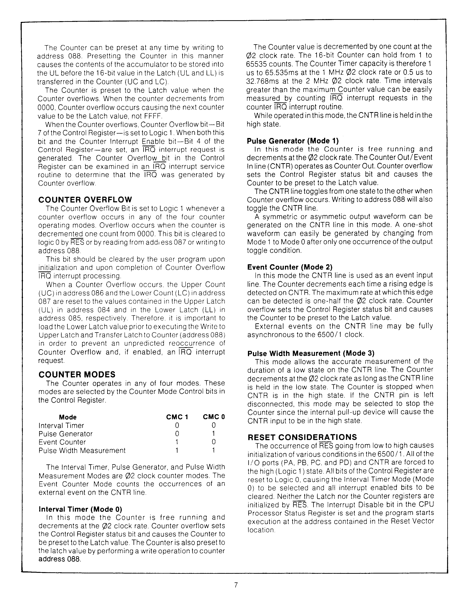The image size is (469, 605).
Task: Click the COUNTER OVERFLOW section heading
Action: [85, 199]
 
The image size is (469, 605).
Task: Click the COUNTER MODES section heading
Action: [77, 375]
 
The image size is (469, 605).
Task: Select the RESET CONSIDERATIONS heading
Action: [302, 437]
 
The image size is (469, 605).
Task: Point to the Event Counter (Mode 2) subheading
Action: [290, 267]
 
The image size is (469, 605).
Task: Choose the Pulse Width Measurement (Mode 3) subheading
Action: [311, 353]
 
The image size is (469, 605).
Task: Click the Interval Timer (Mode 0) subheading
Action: [80, 509]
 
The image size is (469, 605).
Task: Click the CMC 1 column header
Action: [177, 417]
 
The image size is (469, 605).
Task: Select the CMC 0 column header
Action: [214, 417]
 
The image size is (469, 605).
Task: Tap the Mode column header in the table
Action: [68, 417]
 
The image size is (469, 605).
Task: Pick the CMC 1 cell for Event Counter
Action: [177, 442]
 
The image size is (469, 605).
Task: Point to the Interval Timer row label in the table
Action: [61, 425]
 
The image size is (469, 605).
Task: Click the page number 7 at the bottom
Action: [236, 585]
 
